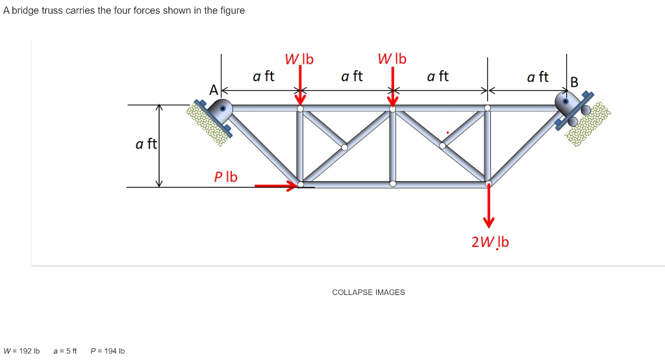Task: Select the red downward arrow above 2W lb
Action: tap(488, 208)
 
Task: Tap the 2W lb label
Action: tap(490, 242)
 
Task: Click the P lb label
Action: tap(226, 176)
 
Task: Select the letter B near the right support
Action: tap(573, 83)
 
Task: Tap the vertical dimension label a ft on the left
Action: tap(146, 144)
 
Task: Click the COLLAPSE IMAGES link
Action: tap(368, 292)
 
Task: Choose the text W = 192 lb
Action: tap(21, 351)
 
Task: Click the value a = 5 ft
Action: tap(65, 351)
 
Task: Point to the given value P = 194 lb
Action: tap(108, 351)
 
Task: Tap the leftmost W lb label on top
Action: tap(299, 59)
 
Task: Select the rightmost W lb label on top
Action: tap(392, 58)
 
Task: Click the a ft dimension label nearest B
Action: tap(538, 77)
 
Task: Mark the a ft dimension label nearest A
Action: tap(264, 76)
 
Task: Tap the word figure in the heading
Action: tap(231, 10)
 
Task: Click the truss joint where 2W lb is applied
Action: tap(488, 183)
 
